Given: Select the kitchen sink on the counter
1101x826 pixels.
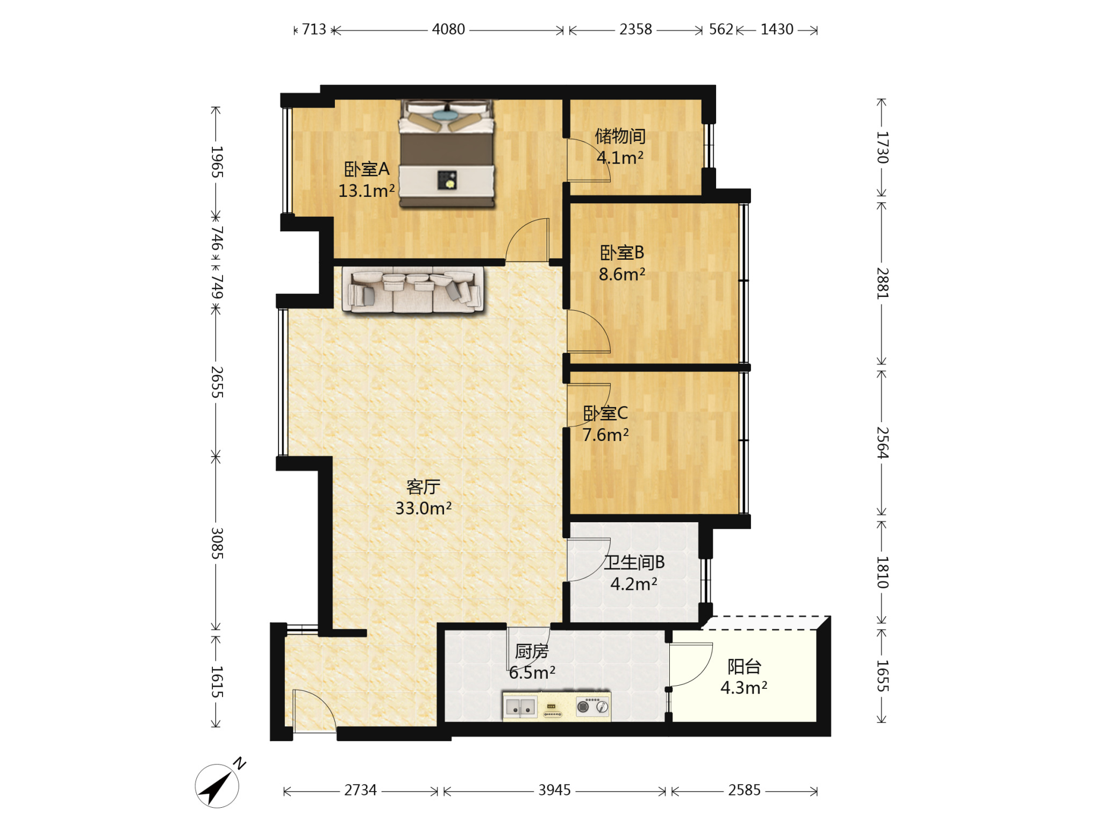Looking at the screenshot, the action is pyautogui.click(x=520, y=707).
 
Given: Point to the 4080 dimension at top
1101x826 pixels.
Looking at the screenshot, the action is pyautogui.click(x=448, y=30).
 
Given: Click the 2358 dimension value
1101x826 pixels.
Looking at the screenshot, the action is pyautogui.click(x=635, y=30).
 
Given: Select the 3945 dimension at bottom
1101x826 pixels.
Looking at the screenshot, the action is pyautogui.click(x=555, y=790).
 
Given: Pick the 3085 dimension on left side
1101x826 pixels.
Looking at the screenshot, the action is pyautogui.click(x=217, y=543).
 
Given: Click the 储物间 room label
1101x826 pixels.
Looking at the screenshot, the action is pyautogui.click(x=620, y=136).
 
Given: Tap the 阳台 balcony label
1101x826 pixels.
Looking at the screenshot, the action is pyautogui.click(x=745, y=667).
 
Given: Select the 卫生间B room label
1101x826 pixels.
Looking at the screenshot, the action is pyautogui.click(x=634, y=562).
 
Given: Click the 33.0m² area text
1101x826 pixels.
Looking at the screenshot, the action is pyautogui.click(x=424, y=508).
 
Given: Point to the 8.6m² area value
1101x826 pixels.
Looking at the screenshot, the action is pyautogui.click(x=622, y=274).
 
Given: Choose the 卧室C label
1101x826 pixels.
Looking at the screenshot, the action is pyautogui.click(x=605, y=413).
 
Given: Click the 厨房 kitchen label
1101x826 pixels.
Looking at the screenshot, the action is pyautogui.click(x=532, y=651).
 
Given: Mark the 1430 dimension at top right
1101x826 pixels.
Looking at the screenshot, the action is pyautogui.click(x=777, y=30).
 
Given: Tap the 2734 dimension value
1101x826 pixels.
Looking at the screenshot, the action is pyautogui.click(x=360, y=790).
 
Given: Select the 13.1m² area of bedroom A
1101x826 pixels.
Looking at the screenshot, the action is pyautogui.click(x=367, y=191).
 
